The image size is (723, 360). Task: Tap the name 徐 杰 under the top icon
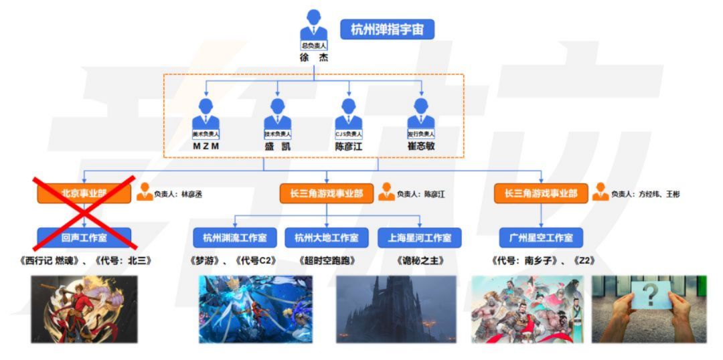coord(313,58)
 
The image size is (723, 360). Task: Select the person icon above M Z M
coord(206,115)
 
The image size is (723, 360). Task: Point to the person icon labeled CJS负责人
coord(348,115)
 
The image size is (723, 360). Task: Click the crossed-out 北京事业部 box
coord(84,194)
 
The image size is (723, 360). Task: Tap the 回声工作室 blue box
coord(84,237)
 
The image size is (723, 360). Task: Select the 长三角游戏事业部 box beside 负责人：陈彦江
coord(326,194)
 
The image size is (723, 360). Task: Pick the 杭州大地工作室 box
coord(326,237)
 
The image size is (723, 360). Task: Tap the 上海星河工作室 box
coord(419,237)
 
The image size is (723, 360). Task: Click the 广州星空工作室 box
coord(541,237)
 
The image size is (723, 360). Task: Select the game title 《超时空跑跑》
coord(326,260)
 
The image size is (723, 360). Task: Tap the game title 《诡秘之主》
coord(419,260)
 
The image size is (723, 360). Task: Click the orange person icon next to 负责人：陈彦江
coord(386,193)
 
